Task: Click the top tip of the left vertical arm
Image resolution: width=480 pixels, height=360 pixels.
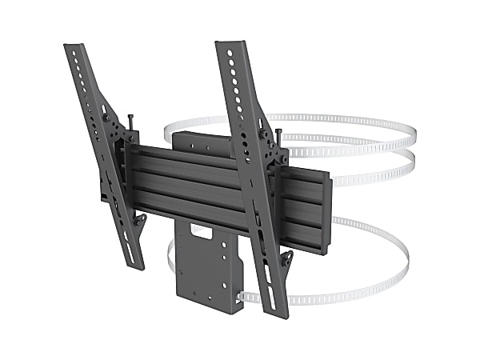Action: point(70,47)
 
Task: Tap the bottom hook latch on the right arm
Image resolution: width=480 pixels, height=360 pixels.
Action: point(286,260)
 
